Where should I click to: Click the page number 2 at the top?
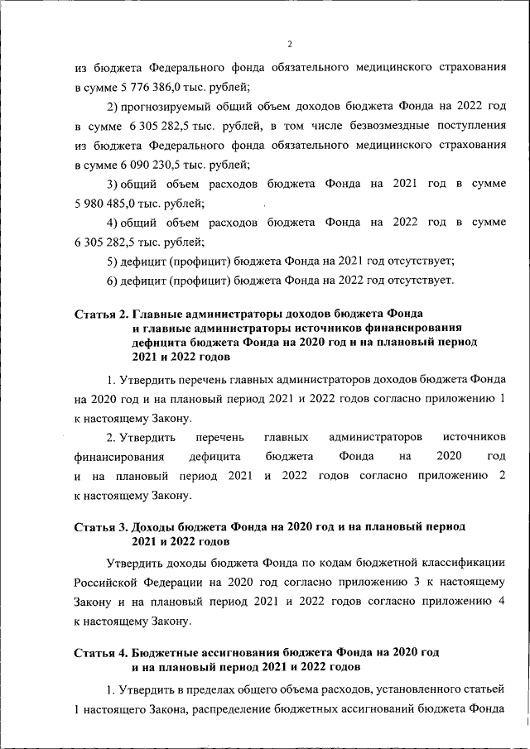[289, 45]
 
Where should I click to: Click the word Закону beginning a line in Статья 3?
[94, 601]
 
